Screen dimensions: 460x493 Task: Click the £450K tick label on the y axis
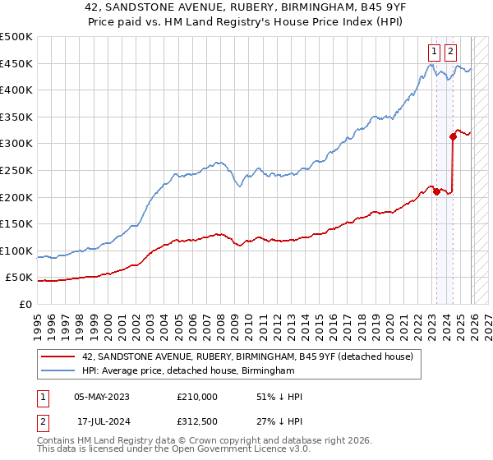[16, 64]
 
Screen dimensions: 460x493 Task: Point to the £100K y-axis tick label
[16, 251]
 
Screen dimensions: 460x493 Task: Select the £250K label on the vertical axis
[16, 170]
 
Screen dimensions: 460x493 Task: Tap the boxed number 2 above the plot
[451, 50]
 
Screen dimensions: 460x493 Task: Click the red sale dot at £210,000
[436, 191]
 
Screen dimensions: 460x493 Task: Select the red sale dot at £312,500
[453, 136]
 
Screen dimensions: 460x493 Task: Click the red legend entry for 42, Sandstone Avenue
[252, 356]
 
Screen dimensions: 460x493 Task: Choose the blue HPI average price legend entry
[187, 371]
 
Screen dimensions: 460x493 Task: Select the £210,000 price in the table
[197, 397]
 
